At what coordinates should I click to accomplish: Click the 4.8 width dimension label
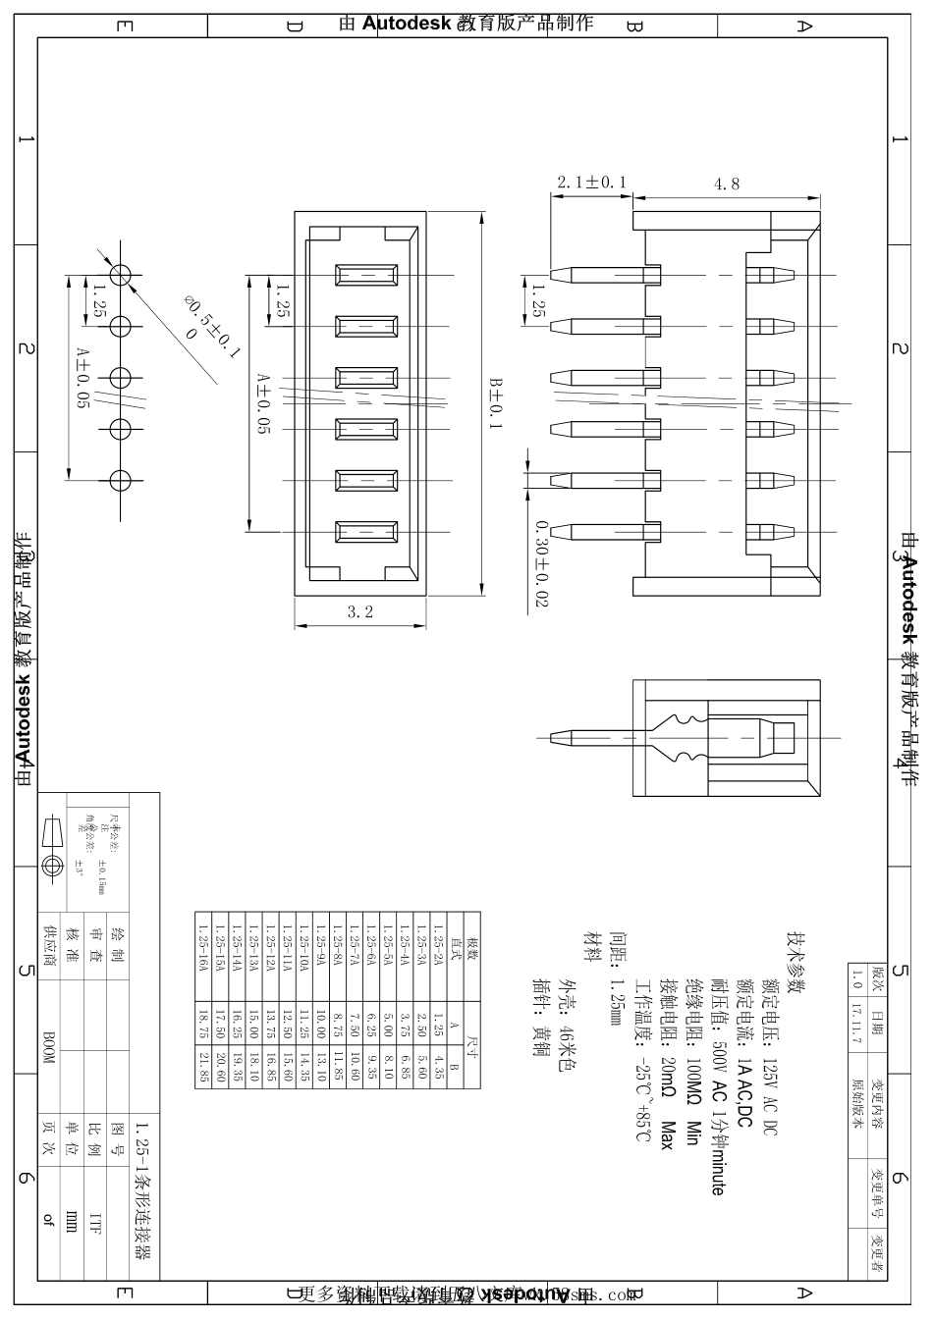point(728,184)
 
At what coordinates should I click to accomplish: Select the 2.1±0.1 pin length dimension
point(591,183)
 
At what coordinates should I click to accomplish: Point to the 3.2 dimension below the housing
point(360,612)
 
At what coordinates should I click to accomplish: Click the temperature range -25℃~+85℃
point(643,1097)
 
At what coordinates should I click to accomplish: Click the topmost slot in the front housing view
point(366,275)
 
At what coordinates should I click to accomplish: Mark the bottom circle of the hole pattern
point(120,481)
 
